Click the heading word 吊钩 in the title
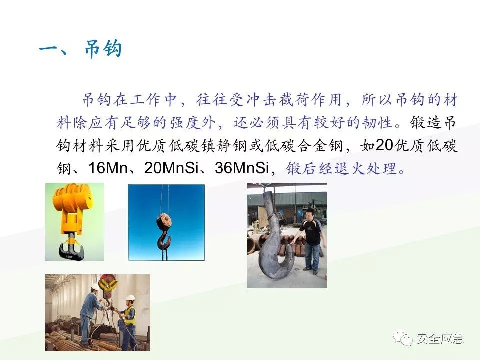pos(102,50)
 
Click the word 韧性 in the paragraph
pos(382,122)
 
